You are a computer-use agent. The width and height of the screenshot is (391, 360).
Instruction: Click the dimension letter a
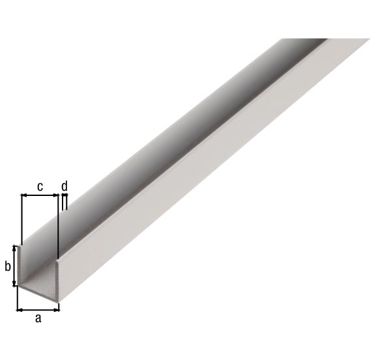(38, 318)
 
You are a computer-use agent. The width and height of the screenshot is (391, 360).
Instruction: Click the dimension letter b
(8, 266)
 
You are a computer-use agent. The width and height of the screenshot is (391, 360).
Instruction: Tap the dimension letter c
(40, 187)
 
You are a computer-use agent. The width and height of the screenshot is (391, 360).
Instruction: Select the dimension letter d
(64, 187)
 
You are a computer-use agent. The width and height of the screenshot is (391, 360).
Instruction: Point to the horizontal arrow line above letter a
(38, 309)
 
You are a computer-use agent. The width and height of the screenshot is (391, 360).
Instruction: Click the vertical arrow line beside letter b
(14, 266)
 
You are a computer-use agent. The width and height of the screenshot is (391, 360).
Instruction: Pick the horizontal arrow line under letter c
(40, 195)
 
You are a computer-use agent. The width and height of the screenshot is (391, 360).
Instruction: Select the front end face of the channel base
(38, 293)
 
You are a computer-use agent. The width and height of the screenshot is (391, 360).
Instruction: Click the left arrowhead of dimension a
(20, 309)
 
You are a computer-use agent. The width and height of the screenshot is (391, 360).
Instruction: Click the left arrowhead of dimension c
(24, 195)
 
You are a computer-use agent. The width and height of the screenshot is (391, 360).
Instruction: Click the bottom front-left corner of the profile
(18, 287)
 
